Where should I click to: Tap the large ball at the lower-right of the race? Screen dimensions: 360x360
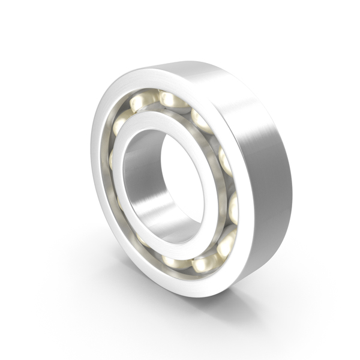(x=226, y=243)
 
